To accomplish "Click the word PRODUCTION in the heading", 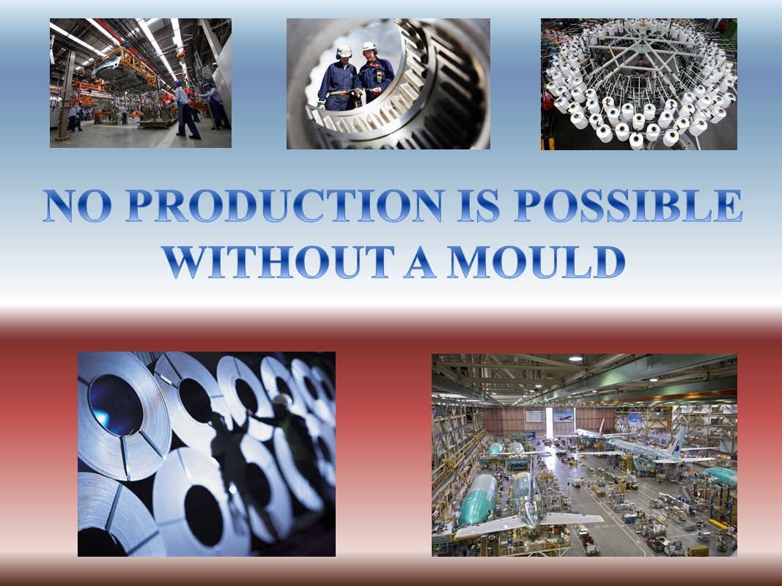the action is [x=284, y=205].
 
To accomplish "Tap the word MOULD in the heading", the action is [x=536, y=262].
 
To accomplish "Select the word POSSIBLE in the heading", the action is [x=628, y=205].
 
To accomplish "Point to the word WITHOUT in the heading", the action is [x=279, y=262].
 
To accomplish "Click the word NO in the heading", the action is [x=77, y=205].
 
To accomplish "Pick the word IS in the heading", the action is [x=479, y=205].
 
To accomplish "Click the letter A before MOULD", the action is [x=421, y=262].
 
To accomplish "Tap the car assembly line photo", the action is [x=141, y=83].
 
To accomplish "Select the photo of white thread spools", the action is [x=639, y=84].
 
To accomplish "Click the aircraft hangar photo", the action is [x=585, y=455].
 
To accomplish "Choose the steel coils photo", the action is [x=207, y=454].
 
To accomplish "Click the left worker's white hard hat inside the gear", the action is [x=344, y=51].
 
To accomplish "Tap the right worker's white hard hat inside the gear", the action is [x=369, y=48].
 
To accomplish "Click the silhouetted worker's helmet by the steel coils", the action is [x=282, y=399].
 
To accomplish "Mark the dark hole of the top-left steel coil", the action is [x=116, y=404].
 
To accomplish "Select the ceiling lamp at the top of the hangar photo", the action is [x=575, y=358].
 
